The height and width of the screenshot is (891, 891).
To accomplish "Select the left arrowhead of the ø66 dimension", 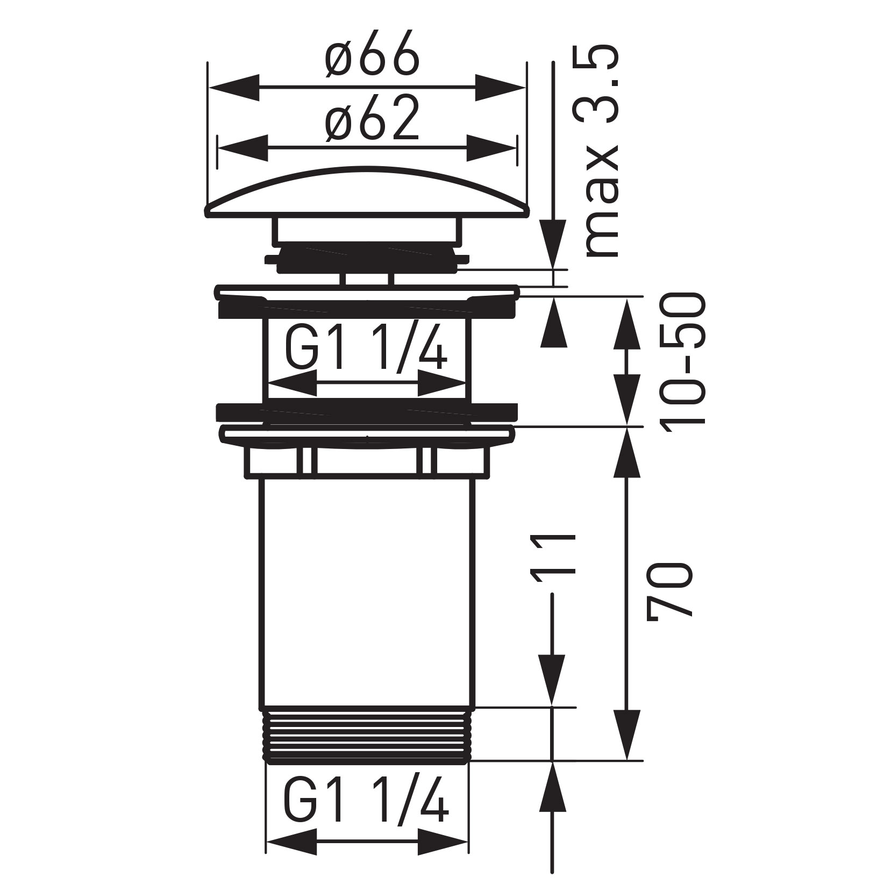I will click(231, 86).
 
